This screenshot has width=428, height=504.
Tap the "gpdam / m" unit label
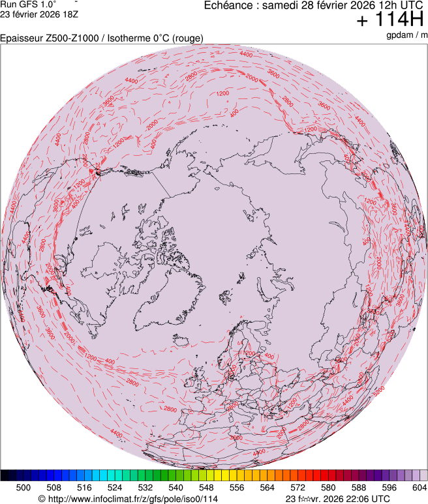(x=407, y=35)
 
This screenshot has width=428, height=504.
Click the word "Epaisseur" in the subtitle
(x=22, y=38)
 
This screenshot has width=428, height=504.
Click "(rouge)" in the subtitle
(x=185, y=38)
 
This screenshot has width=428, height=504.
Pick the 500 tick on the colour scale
(x=23, y=487)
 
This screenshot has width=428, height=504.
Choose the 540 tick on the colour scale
(x=176, y=487)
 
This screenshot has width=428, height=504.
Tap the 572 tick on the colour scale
(x=298, y=487)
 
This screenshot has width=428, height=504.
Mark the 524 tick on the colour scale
(x=115, y=487)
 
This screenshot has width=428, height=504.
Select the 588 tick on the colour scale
(x=358, y=487)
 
